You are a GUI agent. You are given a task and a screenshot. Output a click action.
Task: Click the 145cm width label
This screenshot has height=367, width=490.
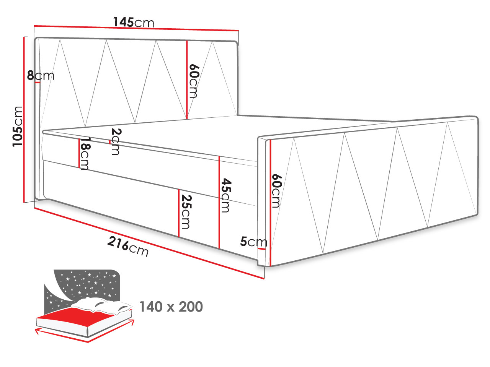134,22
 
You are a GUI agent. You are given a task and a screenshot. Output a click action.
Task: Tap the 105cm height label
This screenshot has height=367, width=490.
18,126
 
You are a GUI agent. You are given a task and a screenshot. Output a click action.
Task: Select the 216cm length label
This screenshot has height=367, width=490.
128,247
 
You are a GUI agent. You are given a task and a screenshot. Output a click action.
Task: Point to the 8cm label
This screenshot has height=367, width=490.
41,75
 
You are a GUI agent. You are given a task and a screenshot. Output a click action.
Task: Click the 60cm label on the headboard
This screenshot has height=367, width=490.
194,81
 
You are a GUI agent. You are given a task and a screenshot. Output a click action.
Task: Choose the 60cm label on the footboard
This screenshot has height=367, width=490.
276,191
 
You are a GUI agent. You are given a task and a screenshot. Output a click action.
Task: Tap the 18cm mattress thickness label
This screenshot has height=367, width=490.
85,154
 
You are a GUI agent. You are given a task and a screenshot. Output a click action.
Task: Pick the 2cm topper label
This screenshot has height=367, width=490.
116,141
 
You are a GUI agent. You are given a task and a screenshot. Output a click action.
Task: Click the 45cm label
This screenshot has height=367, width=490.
226,195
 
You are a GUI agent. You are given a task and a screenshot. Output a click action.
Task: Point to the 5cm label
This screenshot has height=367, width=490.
253,242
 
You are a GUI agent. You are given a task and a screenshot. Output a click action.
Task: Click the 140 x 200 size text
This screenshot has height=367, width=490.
171,307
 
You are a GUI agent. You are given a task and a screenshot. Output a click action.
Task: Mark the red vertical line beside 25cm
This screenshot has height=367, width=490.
179,213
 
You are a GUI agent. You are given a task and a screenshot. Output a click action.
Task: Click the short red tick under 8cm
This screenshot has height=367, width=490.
38,83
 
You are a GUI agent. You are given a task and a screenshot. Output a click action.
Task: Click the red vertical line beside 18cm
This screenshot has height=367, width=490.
79,153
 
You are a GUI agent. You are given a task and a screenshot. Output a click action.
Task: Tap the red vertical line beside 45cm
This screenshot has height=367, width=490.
219,202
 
